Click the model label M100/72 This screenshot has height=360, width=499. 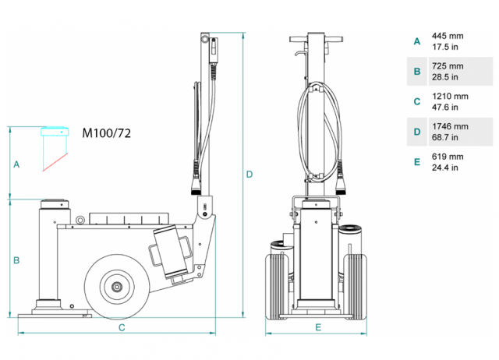coord(107,132)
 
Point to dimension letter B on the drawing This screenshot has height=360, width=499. coord(16,259)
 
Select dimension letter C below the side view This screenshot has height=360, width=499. coord(122,328)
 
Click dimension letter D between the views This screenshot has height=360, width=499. coord(249,174)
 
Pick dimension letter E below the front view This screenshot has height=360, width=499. coord(317,328)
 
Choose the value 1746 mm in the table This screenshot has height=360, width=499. coord(450,126)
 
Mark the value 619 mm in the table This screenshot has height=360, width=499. coord(447,157)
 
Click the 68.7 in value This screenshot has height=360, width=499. coord(444,137)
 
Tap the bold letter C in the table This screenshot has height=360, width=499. coord(417,101)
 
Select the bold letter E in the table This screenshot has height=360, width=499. coord(417,162)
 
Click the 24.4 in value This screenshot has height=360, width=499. coord(444,168)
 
